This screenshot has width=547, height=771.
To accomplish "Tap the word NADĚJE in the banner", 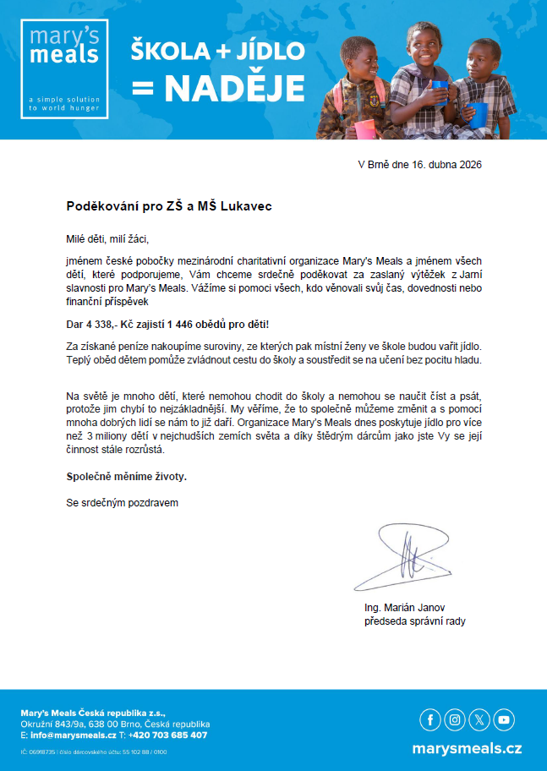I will point(235,88).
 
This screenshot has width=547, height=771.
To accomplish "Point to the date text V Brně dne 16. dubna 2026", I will point(420,165).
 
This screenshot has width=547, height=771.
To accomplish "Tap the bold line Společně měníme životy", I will point(127,477).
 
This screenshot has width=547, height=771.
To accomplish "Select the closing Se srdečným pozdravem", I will point(123,503).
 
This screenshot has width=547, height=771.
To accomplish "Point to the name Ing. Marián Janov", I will point(402,609).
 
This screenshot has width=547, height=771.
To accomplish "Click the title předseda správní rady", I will point(413,621).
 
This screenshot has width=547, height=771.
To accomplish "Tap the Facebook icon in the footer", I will point(430,719).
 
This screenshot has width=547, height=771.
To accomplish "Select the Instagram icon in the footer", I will point(455,719).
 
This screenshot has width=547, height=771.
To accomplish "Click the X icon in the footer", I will point(479,719).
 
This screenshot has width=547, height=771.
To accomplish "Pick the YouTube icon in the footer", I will point(504,719).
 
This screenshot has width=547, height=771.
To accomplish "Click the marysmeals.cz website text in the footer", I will point(467,749).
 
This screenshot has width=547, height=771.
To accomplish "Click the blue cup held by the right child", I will point(477,114).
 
